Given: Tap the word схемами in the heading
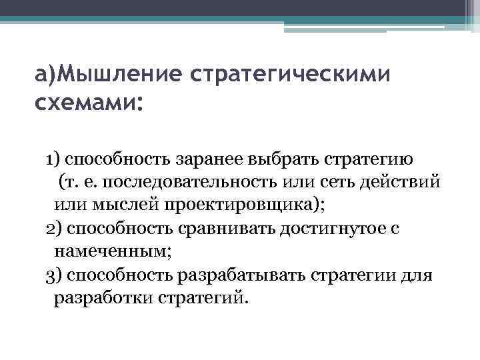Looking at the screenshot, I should coord(83,103).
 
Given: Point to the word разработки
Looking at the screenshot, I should coord(103,297).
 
